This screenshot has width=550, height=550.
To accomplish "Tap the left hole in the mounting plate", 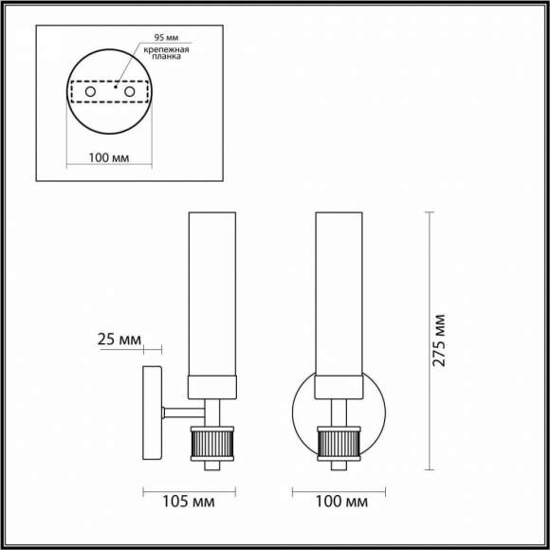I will click(90, 93).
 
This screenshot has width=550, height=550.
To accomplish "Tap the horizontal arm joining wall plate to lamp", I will click(183, 413).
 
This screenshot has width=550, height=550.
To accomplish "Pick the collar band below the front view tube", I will click(338, 385).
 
